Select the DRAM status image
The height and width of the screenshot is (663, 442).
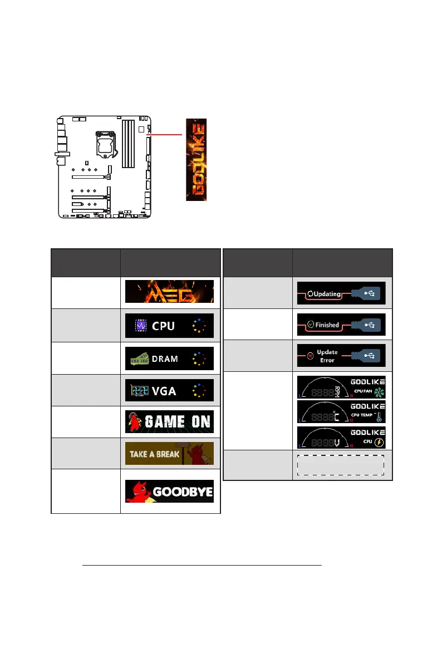(x=169, y=358)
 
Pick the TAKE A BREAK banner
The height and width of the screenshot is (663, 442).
(x=169, y=454)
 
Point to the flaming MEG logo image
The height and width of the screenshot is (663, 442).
(x=169, y=292)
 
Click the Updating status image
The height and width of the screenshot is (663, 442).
(x=340, y=293)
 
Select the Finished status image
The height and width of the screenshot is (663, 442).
(x=340, y=324)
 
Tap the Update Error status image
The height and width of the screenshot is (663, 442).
(x=340, y=356)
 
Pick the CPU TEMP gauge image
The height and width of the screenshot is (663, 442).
(x=340, y=412)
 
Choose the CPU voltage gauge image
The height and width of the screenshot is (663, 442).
(x=340, y=437)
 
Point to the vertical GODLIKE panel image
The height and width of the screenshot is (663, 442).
(x=196, y=160)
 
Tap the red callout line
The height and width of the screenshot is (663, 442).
(x=165, y=135)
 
